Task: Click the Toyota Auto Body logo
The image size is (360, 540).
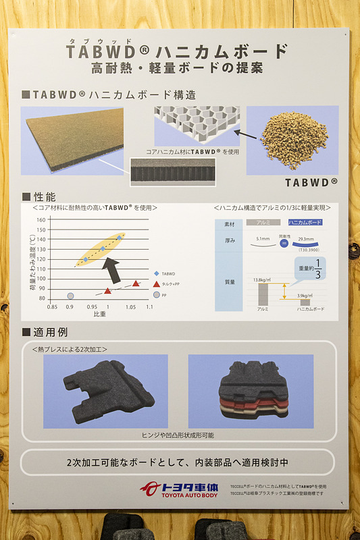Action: click(180, 488)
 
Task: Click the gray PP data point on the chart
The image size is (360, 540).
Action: click(70, 296)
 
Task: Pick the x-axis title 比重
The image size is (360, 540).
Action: click(100, 315)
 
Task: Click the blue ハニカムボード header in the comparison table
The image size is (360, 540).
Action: click(305, 221)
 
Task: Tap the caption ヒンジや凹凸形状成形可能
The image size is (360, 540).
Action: click(178, 435)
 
